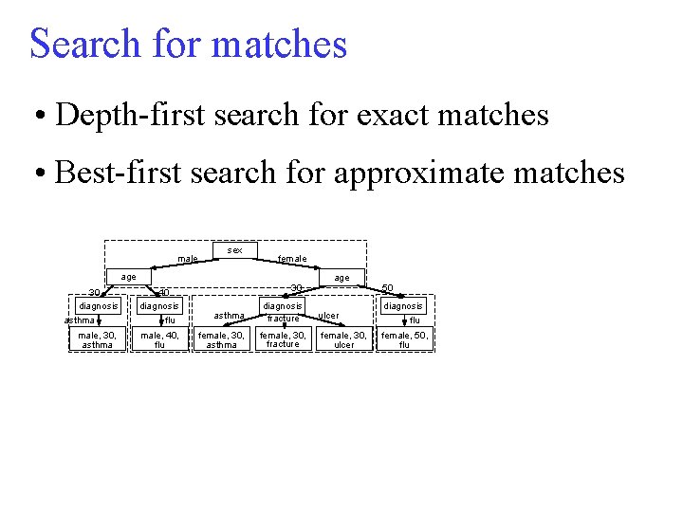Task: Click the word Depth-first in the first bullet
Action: tap(127, 115)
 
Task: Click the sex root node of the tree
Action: tap(235, 250)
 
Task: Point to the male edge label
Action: tap(188, 258)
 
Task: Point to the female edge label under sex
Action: tap(291, 258)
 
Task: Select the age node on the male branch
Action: tap(127, 277)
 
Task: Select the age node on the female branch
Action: tap(341, 277)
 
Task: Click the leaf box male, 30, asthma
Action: tap(98, 339)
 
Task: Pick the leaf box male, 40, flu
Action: tap(159, 339)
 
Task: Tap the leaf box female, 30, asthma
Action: tap(221, 339)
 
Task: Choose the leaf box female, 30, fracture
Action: tap(283, 339)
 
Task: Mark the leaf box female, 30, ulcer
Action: tap(344, 339)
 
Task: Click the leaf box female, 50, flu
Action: tap(404, 339)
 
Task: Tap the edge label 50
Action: tap(387, 287)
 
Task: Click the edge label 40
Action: tap(163, 293)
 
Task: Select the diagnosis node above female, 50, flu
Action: tap(404, 306)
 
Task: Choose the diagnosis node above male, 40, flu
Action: tap(159, 306)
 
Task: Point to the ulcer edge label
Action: tap(328, 316)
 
